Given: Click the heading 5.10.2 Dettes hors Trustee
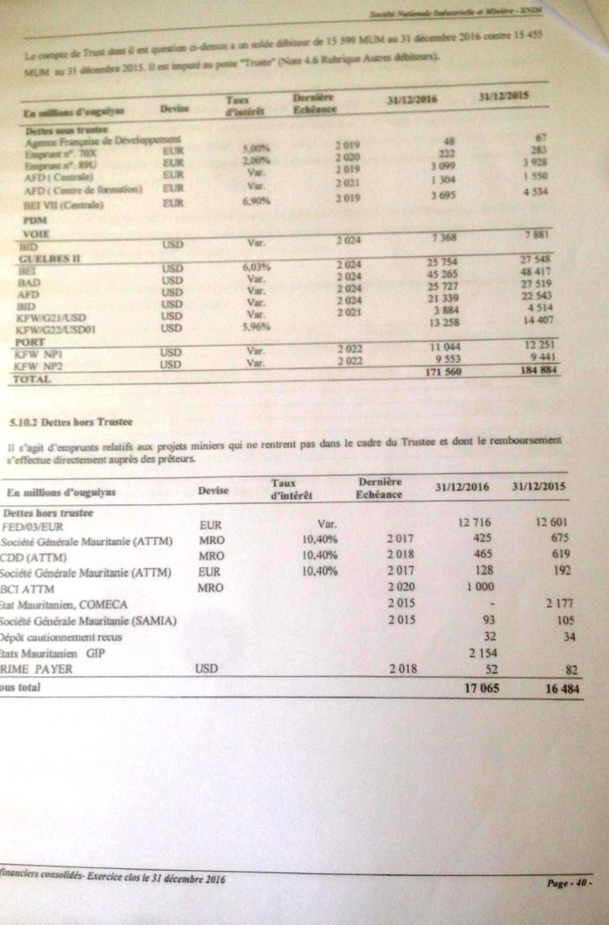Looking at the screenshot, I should (59, 422).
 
